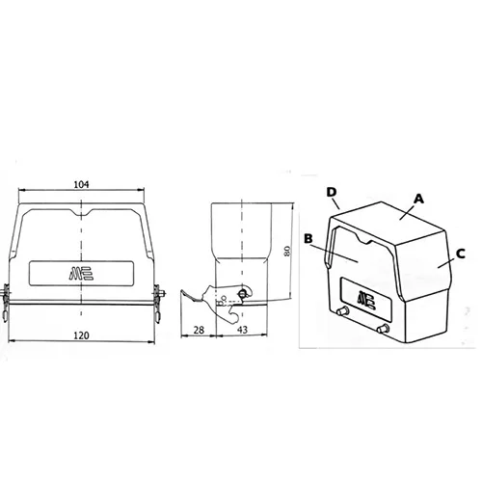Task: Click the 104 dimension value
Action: (x=81, y=184)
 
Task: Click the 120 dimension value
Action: (x=81, y=335)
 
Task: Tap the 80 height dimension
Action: (x=287, y=251)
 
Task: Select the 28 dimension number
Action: (x=199, y=330)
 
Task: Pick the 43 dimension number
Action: (x=242, y=330)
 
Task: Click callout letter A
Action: (x=418, y=199)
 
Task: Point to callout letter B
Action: (x=308, y=238)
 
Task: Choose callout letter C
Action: (x=461, y=254)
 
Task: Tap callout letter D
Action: (x=332, y=192)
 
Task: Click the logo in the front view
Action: (x=81, y=274)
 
